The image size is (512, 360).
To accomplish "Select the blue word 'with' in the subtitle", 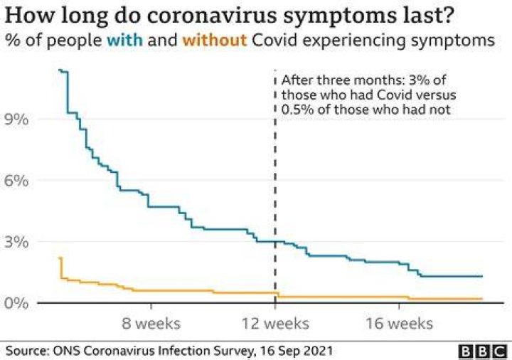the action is coord(124,41).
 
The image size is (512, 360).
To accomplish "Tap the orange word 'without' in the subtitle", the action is coord(215,41).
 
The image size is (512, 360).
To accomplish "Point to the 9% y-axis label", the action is coord(16,120).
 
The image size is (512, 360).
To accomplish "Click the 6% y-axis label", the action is coord(16,181).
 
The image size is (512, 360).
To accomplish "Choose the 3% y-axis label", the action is coord(16,242).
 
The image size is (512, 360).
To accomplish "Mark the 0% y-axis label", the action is coord(16,303).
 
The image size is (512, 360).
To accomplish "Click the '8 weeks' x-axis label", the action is coord(151,324).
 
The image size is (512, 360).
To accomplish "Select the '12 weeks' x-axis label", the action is coord(275,324).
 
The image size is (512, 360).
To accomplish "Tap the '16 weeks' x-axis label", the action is coord(399,324).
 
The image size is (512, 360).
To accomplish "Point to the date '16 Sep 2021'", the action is coord(296,351).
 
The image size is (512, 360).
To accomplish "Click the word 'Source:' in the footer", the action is coord(28,351).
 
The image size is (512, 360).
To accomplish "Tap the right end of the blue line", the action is coord(482,276).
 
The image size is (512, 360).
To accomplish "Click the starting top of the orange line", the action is coord(60,258).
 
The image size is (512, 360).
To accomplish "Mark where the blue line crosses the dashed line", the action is coord(275,241).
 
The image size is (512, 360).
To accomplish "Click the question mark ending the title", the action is coord(448,15).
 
